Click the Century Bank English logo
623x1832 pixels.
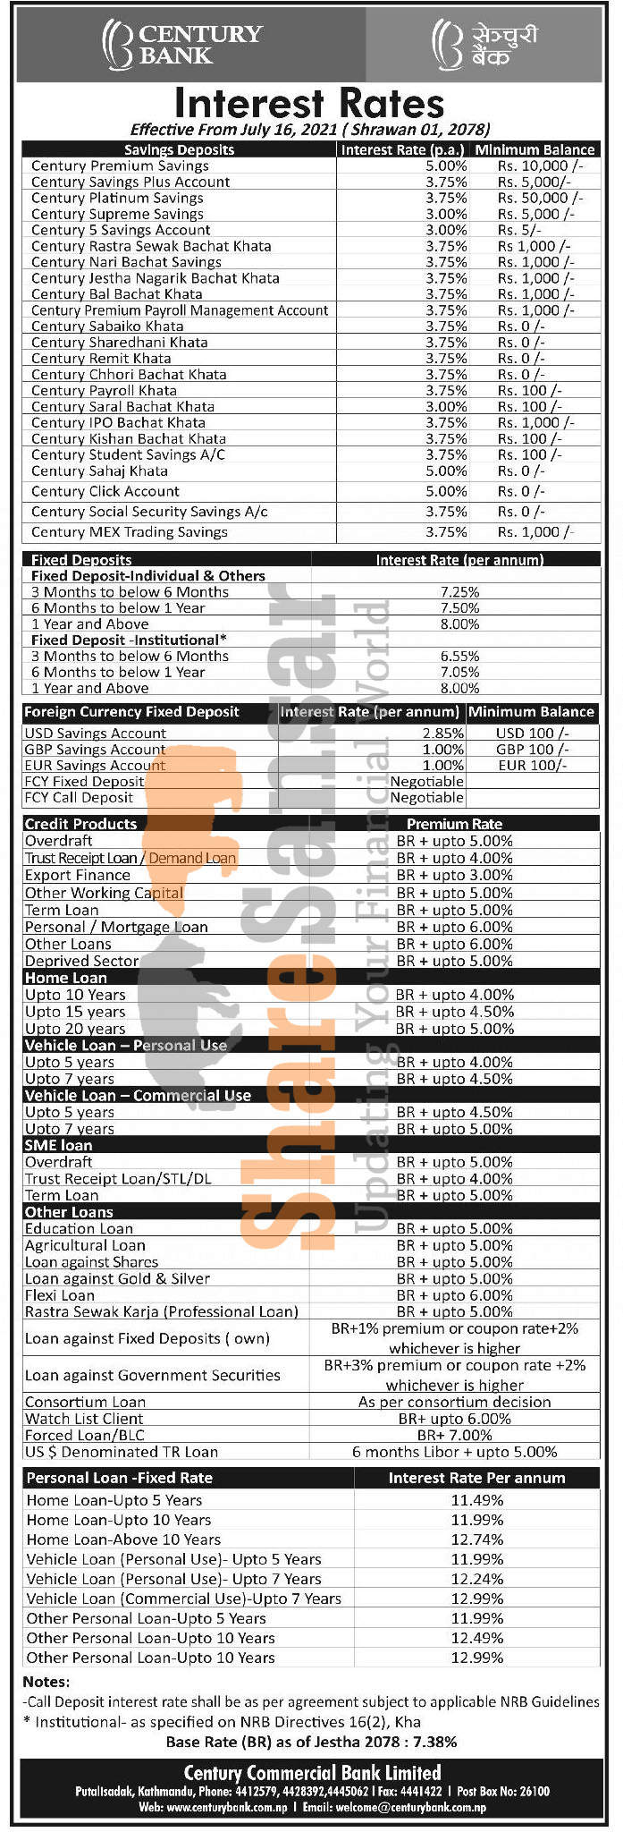(x=183, y=45)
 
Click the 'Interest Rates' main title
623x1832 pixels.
(x=309, y=103)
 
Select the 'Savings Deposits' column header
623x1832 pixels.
(x=179, y=150)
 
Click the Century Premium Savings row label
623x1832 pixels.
(x=120, y=165)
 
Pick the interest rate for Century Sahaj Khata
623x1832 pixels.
(x=446, y=471)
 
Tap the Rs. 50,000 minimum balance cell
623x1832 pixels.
(x=540, y=198)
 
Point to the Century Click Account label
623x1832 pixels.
(x=105, y=491)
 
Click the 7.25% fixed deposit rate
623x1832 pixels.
(x=459, y=592)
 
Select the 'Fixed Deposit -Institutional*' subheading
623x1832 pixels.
(x=129, y=640)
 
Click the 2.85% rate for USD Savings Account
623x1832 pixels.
(x=443, y=733)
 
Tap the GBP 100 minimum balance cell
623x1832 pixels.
(x=532, y=749)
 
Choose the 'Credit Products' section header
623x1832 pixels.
(x=81, y=824)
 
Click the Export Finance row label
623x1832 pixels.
(x=78, y=875)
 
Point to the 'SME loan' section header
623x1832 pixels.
(x=59, y=1145)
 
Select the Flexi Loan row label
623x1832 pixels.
(x=60, y=1295)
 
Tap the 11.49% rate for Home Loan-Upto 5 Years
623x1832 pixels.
(x=476, y=1500)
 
